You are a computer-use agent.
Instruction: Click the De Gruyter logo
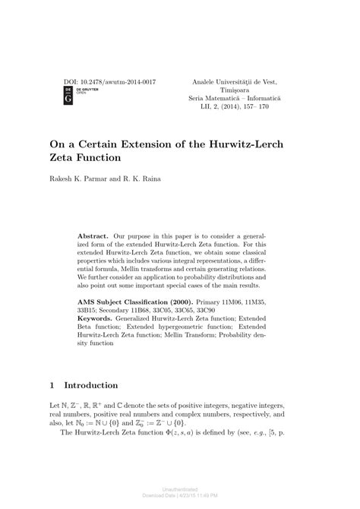66,95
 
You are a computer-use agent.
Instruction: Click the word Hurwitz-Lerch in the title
251,144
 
